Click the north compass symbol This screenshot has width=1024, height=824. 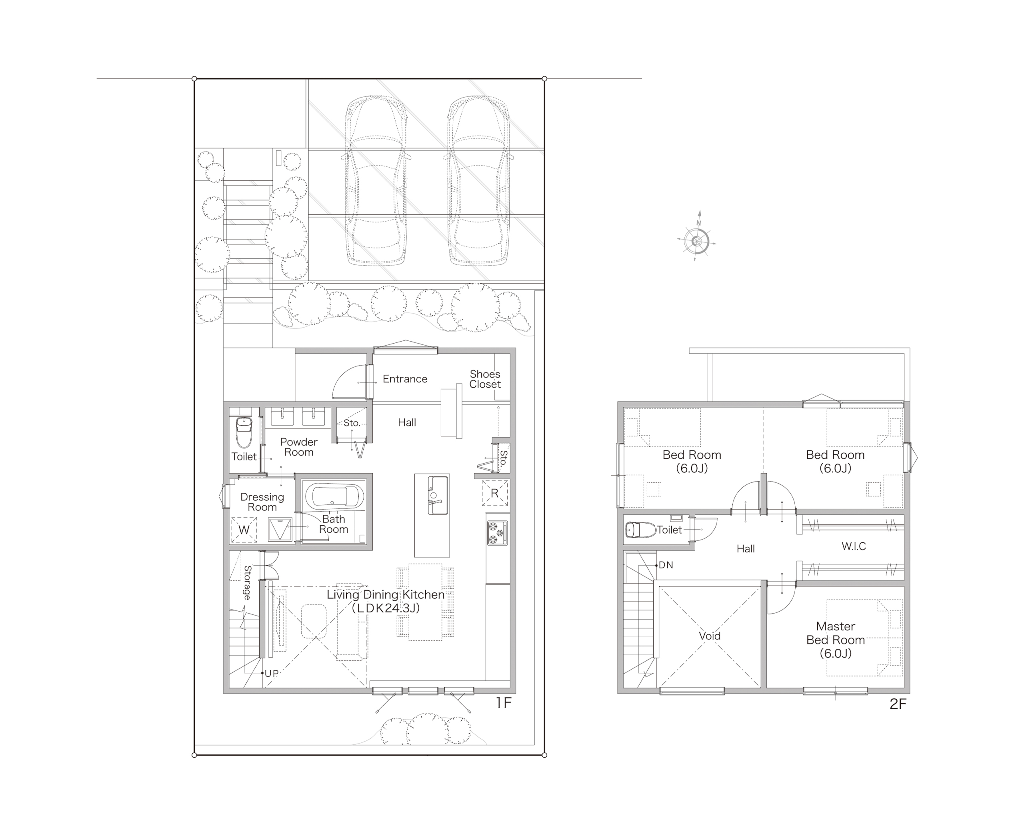697,241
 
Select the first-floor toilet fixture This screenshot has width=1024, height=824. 244,432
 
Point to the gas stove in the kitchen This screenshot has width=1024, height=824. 497,532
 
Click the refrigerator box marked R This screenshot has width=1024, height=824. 495,493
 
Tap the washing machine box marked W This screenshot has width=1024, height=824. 244,530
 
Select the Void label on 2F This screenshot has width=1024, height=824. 710,636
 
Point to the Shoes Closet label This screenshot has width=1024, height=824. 485,379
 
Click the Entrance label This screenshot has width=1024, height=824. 405,379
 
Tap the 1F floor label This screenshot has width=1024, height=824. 504,703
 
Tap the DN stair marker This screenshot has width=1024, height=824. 666,565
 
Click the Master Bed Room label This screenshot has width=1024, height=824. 836,640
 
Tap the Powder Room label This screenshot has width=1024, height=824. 299,447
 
